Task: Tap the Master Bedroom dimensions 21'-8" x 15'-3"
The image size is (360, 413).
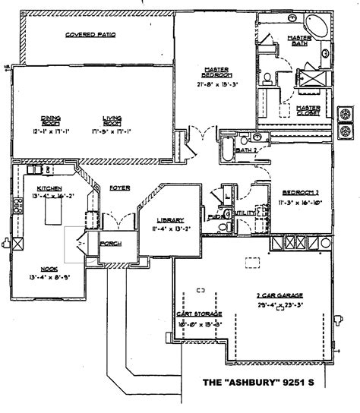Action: [216, 85]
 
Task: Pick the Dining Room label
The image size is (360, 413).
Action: [50, 120]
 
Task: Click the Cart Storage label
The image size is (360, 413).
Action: [199, 314]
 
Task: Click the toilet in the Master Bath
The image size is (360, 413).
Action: [271, 76]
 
